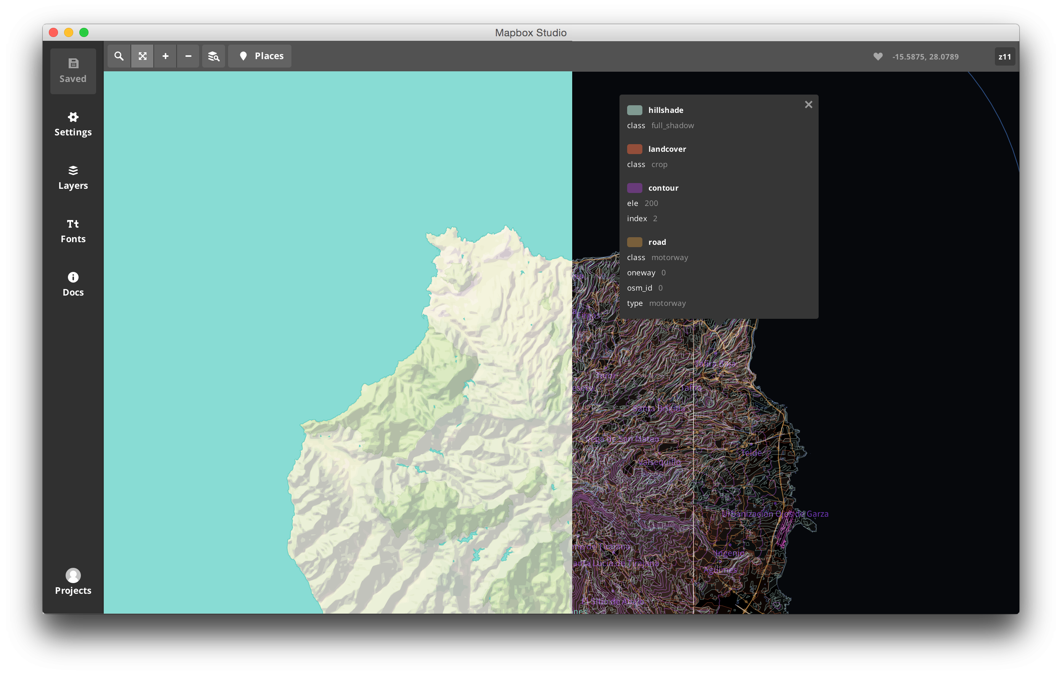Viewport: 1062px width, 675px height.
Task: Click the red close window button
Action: point(53,33)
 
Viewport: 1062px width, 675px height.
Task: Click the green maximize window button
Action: point(84,33)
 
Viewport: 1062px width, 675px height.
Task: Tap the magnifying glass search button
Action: point(119,56)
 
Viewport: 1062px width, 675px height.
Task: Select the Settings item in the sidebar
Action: point(73,124)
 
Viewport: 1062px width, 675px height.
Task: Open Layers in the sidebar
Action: point(73,178)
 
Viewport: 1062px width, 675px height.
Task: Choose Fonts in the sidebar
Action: point(73,231)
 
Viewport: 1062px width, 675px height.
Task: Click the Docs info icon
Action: point(73,277)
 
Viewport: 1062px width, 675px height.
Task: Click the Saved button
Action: point(73,71)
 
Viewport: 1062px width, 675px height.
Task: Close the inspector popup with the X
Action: point(808,104)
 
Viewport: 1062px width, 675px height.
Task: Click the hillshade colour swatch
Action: point(634,110)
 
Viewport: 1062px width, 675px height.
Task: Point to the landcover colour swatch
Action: point(634,149)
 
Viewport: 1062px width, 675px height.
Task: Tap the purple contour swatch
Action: point(634,188)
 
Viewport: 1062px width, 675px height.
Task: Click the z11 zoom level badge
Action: point(1005,57)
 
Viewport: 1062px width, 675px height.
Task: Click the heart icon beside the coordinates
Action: point(878,56)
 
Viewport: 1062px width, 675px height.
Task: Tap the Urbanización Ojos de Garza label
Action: point(775,514)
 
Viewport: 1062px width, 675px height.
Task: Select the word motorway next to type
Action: point(667,303)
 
